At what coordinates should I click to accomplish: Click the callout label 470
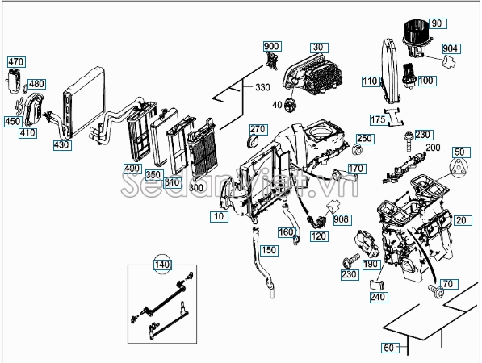[16, 62]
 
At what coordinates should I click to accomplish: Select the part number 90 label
[438, 23]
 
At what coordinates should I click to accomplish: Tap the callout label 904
[451, 48]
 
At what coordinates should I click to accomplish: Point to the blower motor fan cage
[416, 31]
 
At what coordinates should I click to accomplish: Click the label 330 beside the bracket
[262, 88]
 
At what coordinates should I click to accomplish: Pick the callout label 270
[258, 129]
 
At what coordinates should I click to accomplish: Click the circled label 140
[162, 264]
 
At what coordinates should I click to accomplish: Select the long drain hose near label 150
[263, 261]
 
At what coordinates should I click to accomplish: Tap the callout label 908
[342, 219]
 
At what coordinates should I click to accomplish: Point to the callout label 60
[390, 348]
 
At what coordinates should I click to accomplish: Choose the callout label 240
[379, 297]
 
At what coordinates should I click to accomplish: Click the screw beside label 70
[436, 290]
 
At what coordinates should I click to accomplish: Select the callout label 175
[379, 119]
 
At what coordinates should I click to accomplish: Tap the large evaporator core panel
[84, 102]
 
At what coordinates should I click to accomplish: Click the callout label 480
[37, 84]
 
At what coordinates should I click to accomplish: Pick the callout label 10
[219, 216]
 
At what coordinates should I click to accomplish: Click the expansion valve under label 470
[13, 81]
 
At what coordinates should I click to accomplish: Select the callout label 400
[132, 169]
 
